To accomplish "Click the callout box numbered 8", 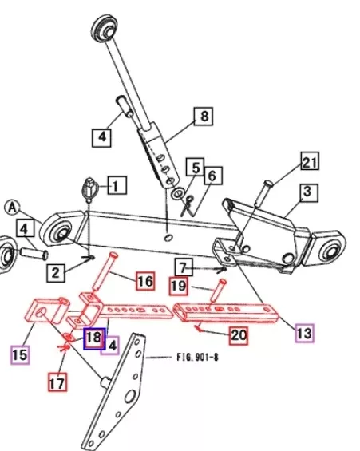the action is (x=204, y=117).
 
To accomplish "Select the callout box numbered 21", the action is (x=310, y=161).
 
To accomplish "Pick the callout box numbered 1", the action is (x=117, y=185).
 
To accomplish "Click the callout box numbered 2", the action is (x=56, y=271).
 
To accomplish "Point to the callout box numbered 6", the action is (x=213, y=176).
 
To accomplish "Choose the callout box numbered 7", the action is (x=184, y=267).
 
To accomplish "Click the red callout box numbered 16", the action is (x=145, y=281).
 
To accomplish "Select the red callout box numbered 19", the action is (x=179, y=287).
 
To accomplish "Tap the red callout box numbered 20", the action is (x=239, y=335).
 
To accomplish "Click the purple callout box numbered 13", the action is (x=304, y=333).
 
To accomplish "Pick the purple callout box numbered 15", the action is (x=20, y=354).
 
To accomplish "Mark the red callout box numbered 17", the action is (x=57, y=382).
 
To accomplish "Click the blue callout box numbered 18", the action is (x=94, y=338).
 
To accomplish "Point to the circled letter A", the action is (x=12, y=207).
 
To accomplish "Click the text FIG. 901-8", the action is (x=197, y=358).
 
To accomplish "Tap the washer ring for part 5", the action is (x=178, y=193).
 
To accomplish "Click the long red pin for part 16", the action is (x=104, y=272).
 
